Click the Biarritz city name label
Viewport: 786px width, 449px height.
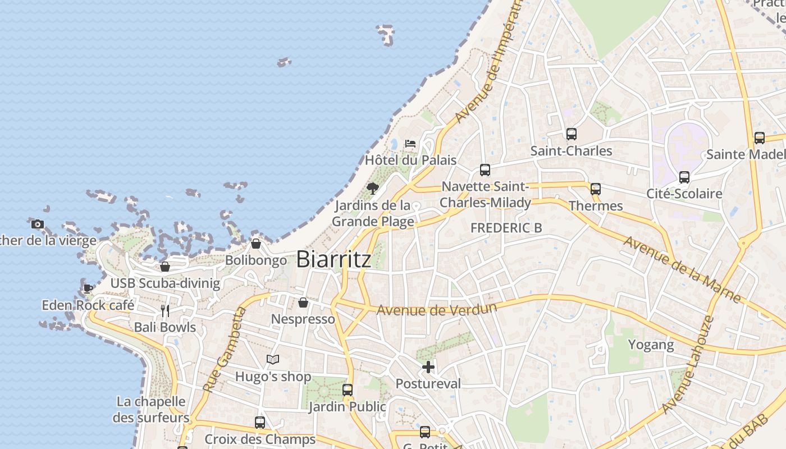pos(333,259)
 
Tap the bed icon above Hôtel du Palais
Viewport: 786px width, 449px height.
pos(410,144)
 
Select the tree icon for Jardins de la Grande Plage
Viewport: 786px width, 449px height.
pos(372,188)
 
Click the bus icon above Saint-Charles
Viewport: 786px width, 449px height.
pos(572,134)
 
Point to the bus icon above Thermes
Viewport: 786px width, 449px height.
pos(596,189)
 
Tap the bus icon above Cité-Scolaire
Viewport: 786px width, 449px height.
pos(684,177)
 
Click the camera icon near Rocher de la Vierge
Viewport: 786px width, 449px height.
pos(38,224)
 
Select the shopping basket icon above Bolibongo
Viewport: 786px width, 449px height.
pos(256,244)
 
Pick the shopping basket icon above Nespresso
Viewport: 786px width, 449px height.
pos(303,303)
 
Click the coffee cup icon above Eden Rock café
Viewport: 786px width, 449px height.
pos(88,288)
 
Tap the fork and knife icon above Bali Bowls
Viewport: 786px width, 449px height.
pos(165,310)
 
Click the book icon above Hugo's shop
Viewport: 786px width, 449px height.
pos(273,359)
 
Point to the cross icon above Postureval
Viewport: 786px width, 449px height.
pos(428,367)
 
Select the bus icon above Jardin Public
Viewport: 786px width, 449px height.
pos(348,390)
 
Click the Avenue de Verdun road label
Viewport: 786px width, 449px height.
pos(437,309)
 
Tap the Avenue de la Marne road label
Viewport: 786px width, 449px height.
pos(682,269)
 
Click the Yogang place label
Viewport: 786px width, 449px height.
pos(651,344)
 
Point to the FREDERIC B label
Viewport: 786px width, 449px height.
pos(506,228)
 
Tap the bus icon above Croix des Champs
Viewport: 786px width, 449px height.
pos(260,422)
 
